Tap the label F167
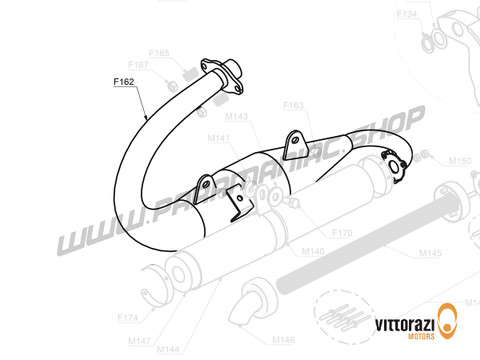pos(140,64)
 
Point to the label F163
pos(294,104)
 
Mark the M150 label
pos(459,160)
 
